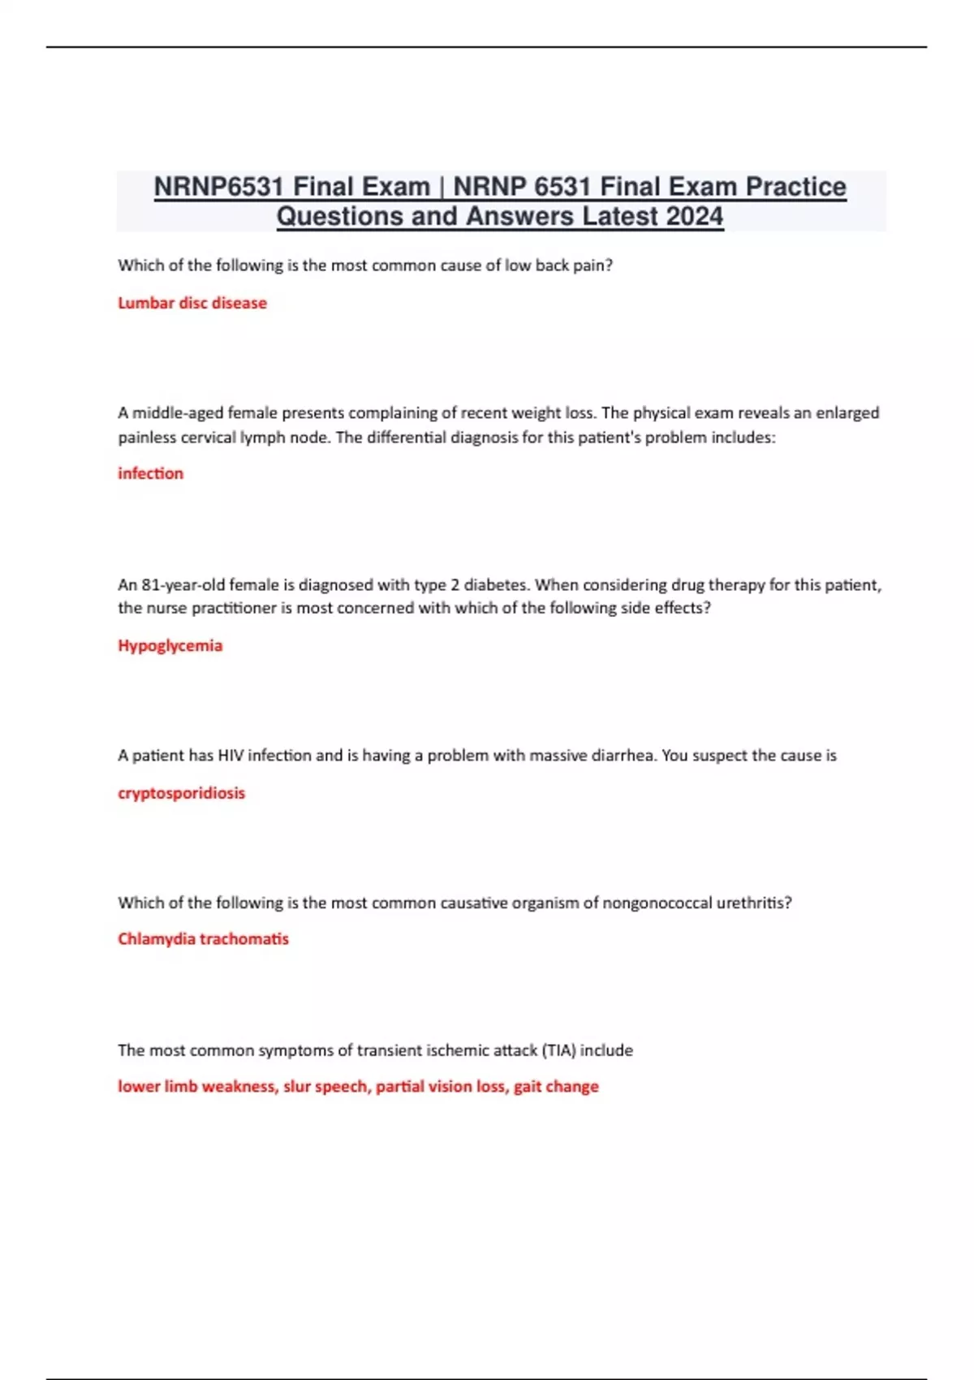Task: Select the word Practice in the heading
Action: tap(795, 187)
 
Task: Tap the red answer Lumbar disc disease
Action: tap(192, 303)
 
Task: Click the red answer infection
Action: tap(151, 473)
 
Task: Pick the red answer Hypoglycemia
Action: tap(170, 645)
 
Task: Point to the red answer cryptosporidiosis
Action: tap(181, 793)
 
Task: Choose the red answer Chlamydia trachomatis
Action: tap(203, 939)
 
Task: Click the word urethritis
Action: tap(754, 903)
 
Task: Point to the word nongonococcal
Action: tap(657, 903)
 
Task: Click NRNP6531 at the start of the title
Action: tap(218, 187)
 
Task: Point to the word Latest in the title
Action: tap(620, 217)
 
